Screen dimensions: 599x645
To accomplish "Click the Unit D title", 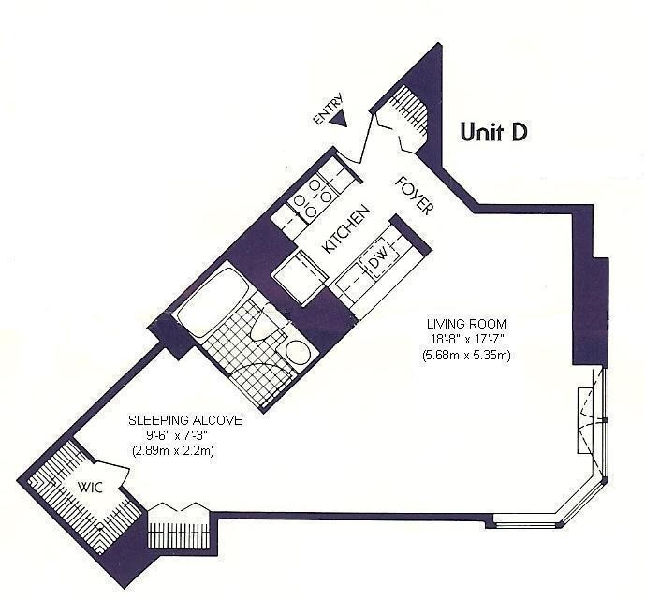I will click(494, 133).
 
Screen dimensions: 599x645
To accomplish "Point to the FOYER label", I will click(413, 195).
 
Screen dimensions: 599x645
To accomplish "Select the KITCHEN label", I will click(342, 231).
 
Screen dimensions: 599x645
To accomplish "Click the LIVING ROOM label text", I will click(457, 325).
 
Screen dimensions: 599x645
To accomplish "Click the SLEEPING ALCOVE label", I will click(184, 421).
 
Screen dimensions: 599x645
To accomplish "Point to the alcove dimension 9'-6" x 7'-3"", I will click(184, 436).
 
